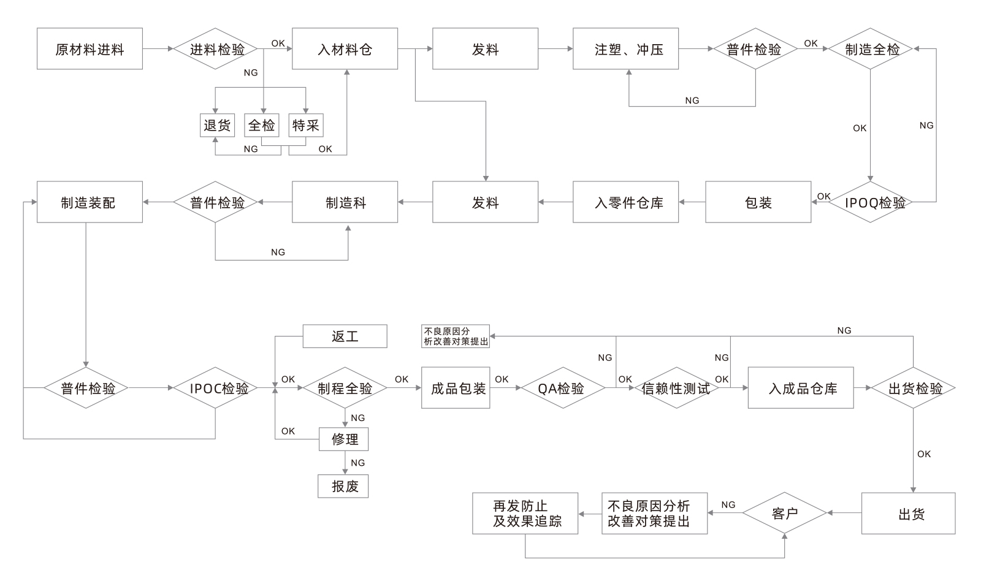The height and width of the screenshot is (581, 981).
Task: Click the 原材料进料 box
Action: pyautogui.click(x=90, y=48)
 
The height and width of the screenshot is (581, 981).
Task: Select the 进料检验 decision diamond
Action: pyautogui.click(x=217, y=48)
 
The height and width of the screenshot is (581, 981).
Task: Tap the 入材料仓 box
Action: pyautogui.click(x=345, y=48)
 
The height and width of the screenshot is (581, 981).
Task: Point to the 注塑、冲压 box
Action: pyautogui.click(x=625, y=48)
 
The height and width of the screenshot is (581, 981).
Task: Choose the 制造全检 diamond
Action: pyautogui.click(x=871, y=48)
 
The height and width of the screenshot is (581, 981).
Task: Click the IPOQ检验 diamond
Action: pyautogui.click(x=871, y=202)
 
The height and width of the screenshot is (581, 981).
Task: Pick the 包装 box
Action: pyautogui.click(x=758, y=202)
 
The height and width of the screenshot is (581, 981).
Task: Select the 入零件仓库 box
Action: pyautogui.click(x=625, y=202)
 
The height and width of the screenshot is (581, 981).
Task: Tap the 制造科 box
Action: pyautogui.click(x=345, y=202)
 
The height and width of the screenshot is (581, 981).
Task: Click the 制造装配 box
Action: pyautogui.click(x=90, y=202)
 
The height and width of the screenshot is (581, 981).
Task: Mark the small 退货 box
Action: pyautogui.click(x=217, y=125)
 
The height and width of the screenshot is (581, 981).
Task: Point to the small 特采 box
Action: pyautogui.click(x=305, y=125)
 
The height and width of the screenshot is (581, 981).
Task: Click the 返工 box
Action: pyautogui.click(x=345, y=336)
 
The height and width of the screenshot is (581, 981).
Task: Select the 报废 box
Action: pyautogui.click(x=343, y=486)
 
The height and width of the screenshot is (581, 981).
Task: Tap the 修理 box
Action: pyautogui.click(x=343, y=439)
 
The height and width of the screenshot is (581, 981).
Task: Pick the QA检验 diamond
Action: pyautogui.click(x=562, y=388)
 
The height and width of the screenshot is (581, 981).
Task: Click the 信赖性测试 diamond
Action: pyautogui.click(x=676, y=388)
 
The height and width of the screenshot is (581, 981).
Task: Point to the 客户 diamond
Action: pyautogui.click(x=785, y=513)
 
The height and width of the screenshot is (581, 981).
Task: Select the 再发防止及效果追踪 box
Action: pyautogui.click(x=525, y=513)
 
